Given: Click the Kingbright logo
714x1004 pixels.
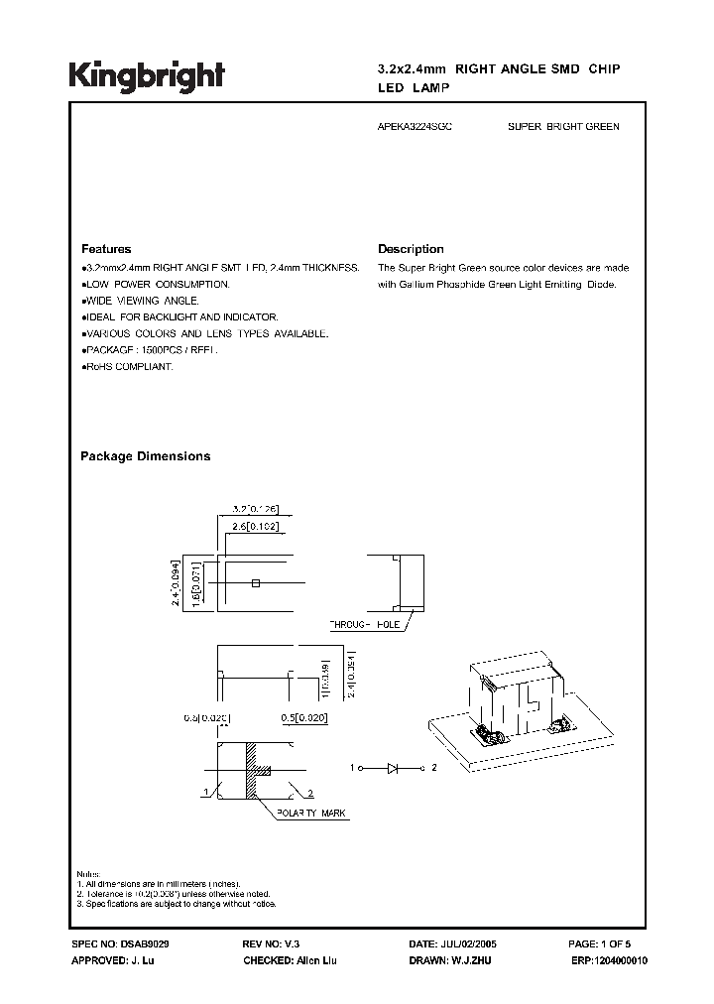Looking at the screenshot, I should click(x=147, y=75).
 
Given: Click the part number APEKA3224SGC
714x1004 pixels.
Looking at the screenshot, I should click(x=416, y=128).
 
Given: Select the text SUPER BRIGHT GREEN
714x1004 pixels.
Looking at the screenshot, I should click(x=562, y=128).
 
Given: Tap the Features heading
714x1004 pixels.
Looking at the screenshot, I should click(x=106, y=249).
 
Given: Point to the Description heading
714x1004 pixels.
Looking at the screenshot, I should click(x=411, y=249).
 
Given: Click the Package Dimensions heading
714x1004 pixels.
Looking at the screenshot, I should click(x=145, y=456).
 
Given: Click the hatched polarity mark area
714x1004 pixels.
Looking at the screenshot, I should click(x=254, y=769).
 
